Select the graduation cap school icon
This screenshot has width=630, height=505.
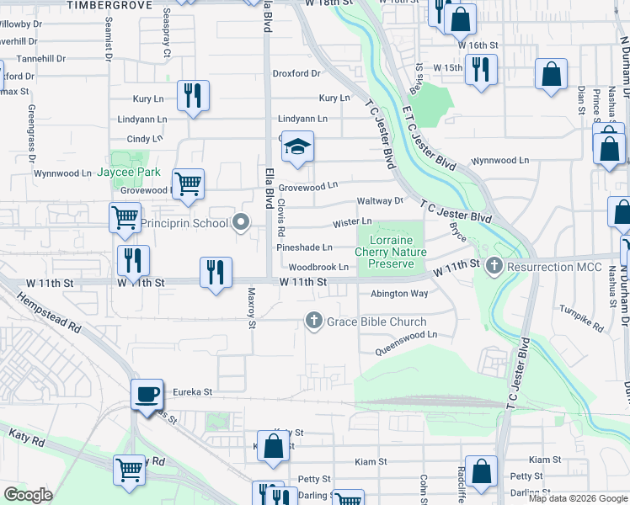click(x=296, y=147)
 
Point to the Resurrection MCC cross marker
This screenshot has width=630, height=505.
click(x=494, y=268)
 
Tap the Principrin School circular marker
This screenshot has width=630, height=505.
click(x=242, y=223)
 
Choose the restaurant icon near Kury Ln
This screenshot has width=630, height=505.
click(x=194, y=97)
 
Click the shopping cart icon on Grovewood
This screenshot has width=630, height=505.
click(x=188, y=183)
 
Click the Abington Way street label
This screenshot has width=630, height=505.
click(x=399, y=294)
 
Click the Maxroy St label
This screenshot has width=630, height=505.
click(x=251, y=307)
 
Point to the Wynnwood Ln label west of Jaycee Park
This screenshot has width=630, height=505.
click(x=62, y=173)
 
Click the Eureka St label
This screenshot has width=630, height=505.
click(x=192, y=392)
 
